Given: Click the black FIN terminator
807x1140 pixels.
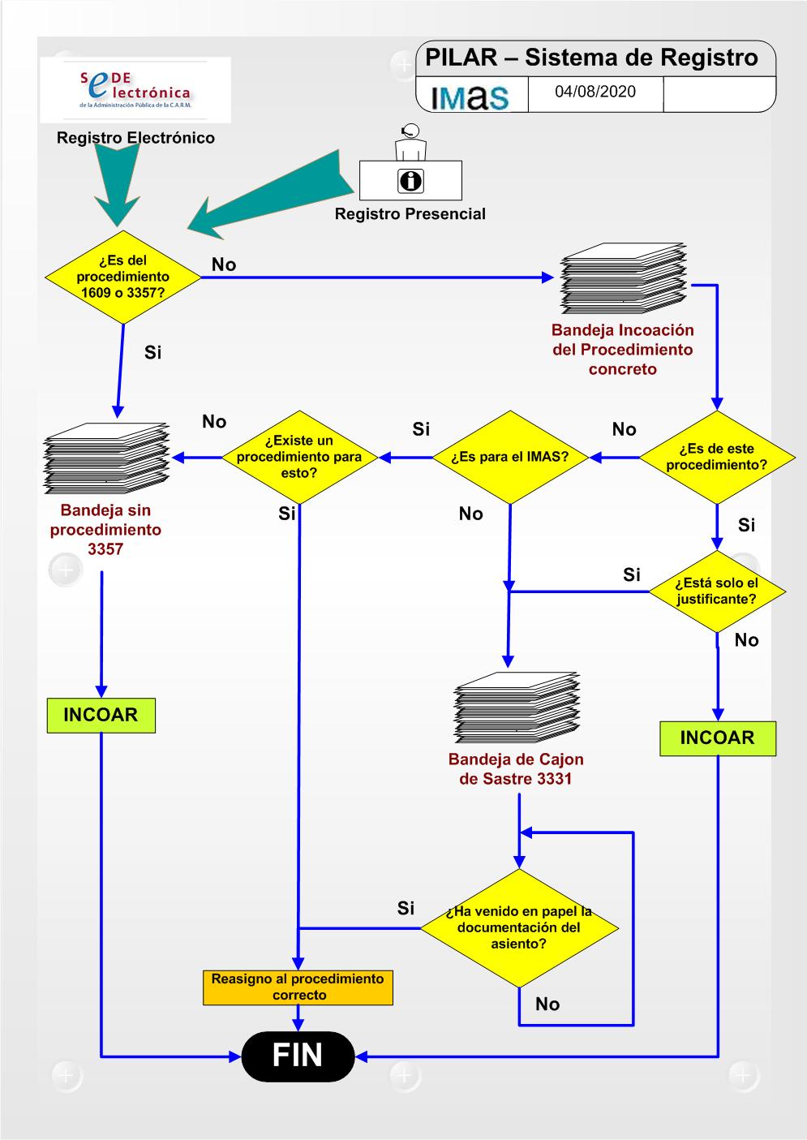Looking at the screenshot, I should click(298, 1056).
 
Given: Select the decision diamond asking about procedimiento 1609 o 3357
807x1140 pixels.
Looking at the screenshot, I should click(123, 277).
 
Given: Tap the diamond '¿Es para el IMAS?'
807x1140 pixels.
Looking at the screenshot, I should click(510, 457).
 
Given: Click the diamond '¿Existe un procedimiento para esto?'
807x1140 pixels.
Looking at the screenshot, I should click(299, 457).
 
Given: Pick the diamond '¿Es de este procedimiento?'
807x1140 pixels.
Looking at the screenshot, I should click(716, 457).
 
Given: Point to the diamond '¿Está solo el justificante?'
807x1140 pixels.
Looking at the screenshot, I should click(717, 592).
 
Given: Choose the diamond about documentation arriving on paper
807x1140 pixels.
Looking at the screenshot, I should click(519, 927).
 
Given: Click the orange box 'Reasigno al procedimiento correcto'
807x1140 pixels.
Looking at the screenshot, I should click(298, 987).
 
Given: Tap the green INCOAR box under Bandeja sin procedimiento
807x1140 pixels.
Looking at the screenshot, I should click(101, 716).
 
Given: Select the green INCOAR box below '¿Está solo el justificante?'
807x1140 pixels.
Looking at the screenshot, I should click(717, 738).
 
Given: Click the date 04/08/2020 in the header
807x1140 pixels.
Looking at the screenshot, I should click(595, 92).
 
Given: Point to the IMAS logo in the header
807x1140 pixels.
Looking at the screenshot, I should click(470, 96).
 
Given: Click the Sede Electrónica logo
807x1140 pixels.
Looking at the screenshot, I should click(135, 90).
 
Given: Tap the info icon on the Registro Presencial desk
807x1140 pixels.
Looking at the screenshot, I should click(410, 180).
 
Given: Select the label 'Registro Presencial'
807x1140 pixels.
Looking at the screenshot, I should click(410, 214).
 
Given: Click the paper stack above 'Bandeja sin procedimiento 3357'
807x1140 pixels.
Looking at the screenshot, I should click(106, 459).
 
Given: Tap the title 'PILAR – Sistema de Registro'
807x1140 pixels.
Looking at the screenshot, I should click(591, 58).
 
